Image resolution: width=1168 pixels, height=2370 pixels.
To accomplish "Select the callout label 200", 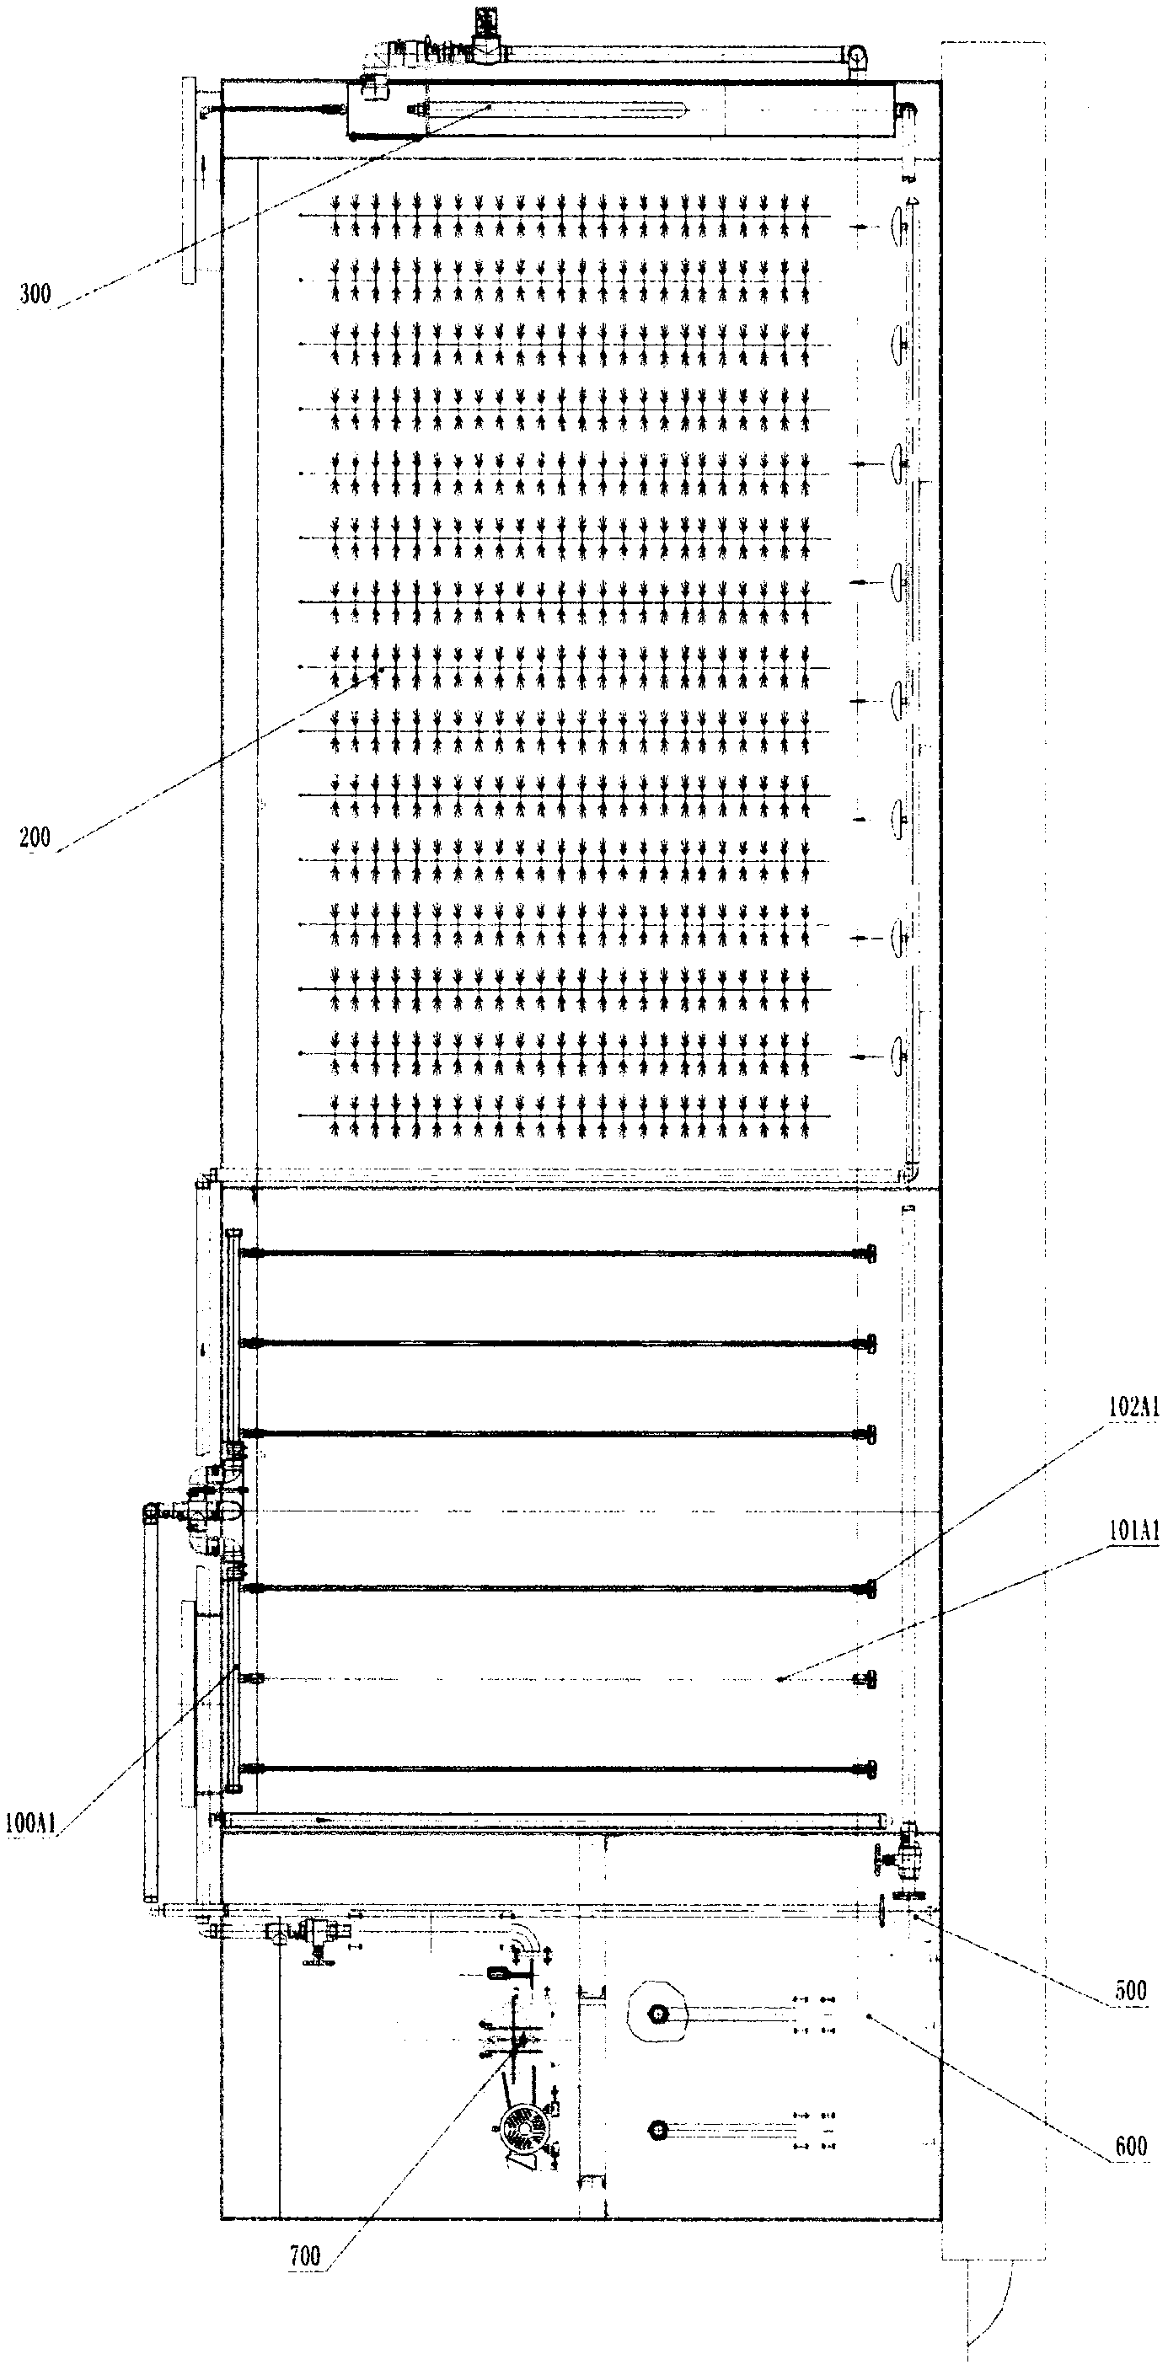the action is tap(35, 837).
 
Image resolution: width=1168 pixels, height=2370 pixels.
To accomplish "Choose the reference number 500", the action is tap(1130, 1991).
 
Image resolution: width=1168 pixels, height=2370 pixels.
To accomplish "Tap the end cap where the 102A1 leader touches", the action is tap(866, 1589).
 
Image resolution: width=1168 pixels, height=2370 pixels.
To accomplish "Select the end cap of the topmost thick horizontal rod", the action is tap(866, 1253).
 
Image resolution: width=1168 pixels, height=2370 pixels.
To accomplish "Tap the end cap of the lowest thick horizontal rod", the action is tap(866, 1769).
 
